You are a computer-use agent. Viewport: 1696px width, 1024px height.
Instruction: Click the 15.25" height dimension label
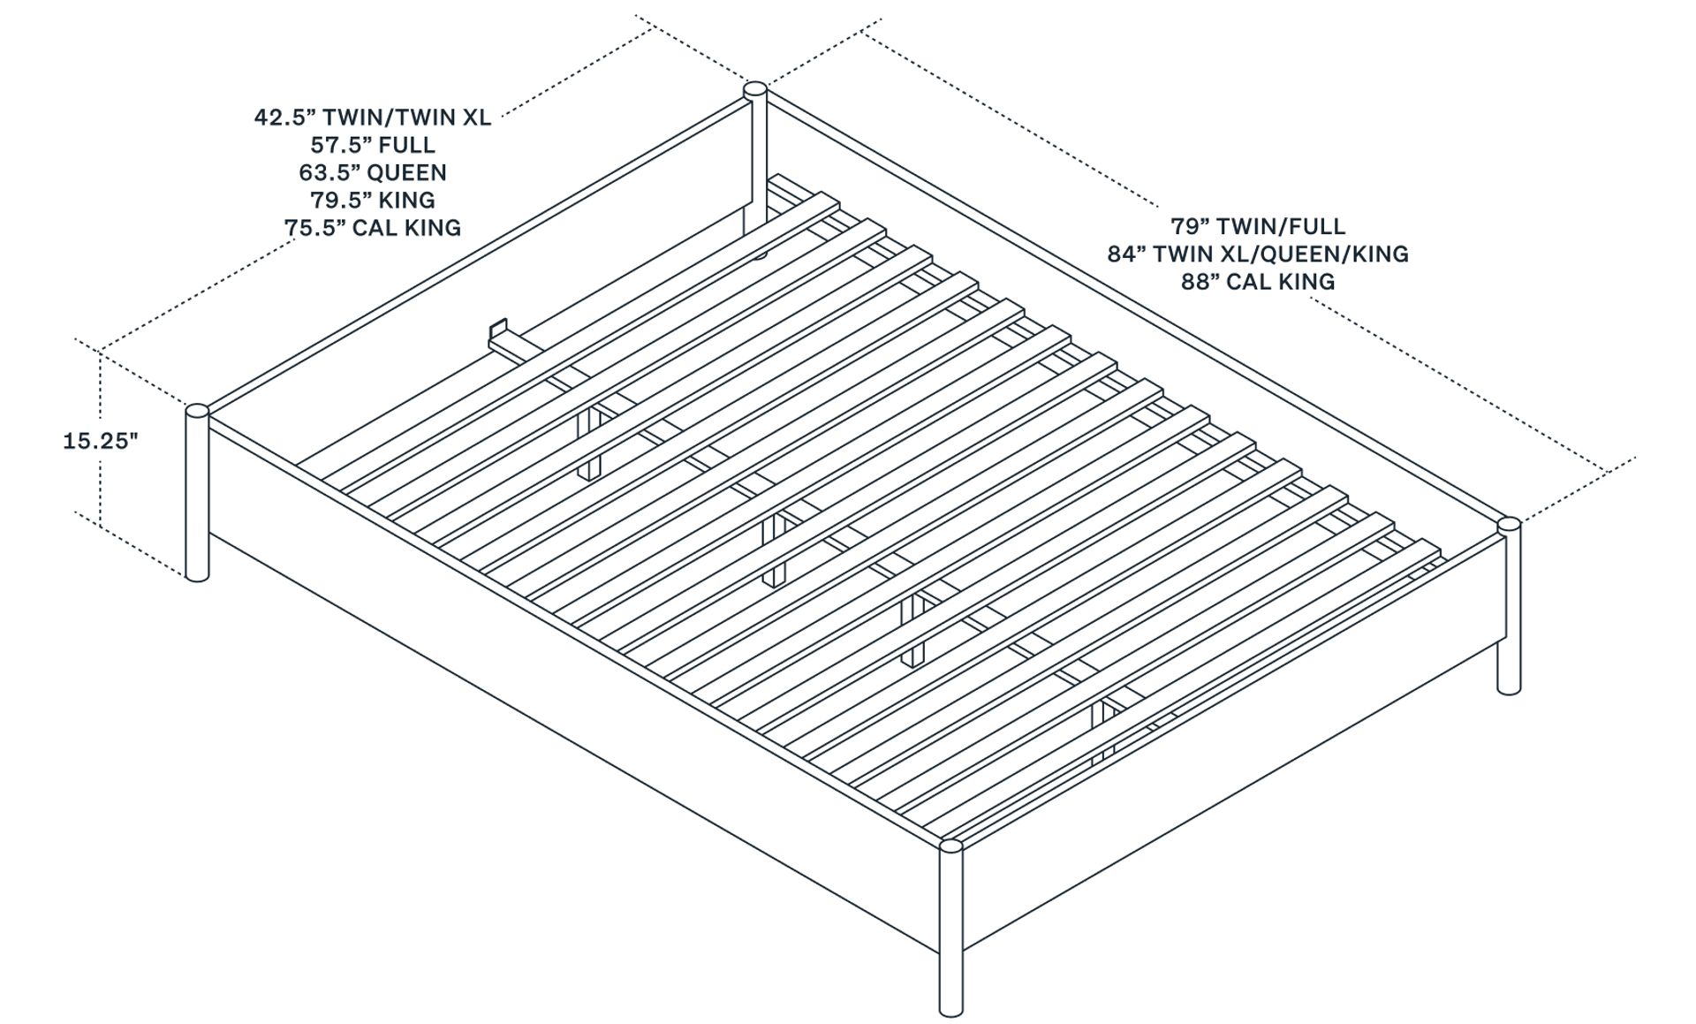tap(101, 441)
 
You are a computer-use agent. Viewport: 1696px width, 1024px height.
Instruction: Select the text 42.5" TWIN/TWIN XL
tap(372, 118)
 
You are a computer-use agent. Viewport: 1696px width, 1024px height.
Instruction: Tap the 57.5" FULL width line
tap(372, 145)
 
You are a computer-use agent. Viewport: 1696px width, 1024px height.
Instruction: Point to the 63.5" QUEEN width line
tap(372, 172)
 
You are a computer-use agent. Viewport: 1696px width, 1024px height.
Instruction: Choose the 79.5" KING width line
tap(372, 200)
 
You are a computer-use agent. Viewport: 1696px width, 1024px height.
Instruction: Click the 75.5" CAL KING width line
tap(372, 228)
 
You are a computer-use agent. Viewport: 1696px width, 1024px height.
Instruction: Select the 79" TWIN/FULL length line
tap(1257, 226)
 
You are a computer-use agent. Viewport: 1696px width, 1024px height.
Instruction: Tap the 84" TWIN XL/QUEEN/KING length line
tap(1257, 254)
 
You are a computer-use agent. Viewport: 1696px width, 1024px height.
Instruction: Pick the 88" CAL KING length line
tap(1257, 282)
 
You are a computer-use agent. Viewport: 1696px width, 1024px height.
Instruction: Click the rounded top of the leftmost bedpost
tap(197, 411)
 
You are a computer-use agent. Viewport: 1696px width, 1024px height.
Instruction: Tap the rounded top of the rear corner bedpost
tap(754, 88)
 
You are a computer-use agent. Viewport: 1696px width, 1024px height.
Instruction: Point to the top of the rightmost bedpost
tap(1509, 525)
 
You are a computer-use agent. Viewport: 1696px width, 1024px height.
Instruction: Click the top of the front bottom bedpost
tap(950, 846)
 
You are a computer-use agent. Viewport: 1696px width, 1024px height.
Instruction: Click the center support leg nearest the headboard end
tap(588, 442)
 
